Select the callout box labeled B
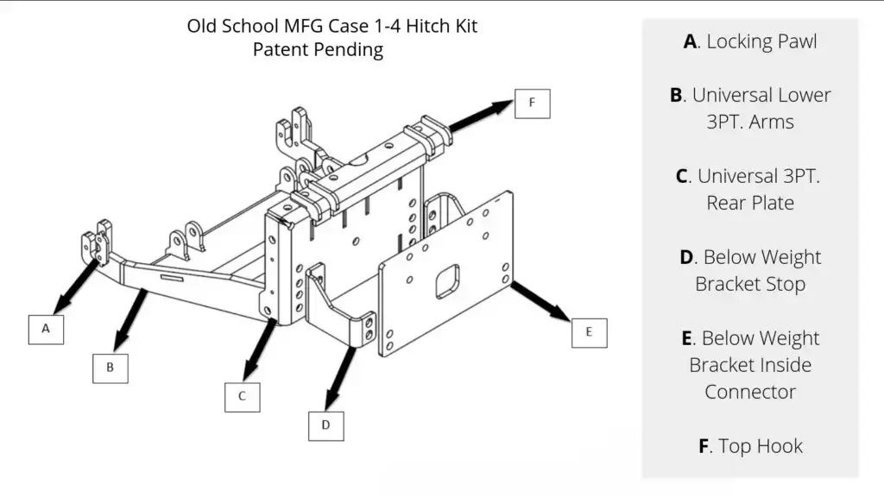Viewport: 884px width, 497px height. pos(110,366)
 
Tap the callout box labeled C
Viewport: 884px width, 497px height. pos(242,396)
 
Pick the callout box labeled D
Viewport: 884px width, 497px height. pos(325,425)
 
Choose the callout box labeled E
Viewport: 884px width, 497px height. pos(589,331)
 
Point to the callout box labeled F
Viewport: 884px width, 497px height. pos(532,104)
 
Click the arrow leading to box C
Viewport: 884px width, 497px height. pos(259,350)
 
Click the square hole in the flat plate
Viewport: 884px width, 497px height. pos(447,280)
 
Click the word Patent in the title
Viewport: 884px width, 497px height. pos(281,50)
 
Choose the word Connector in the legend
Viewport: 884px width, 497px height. pos(750,392)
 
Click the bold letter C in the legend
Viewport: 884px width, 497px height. pos(682,176)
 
